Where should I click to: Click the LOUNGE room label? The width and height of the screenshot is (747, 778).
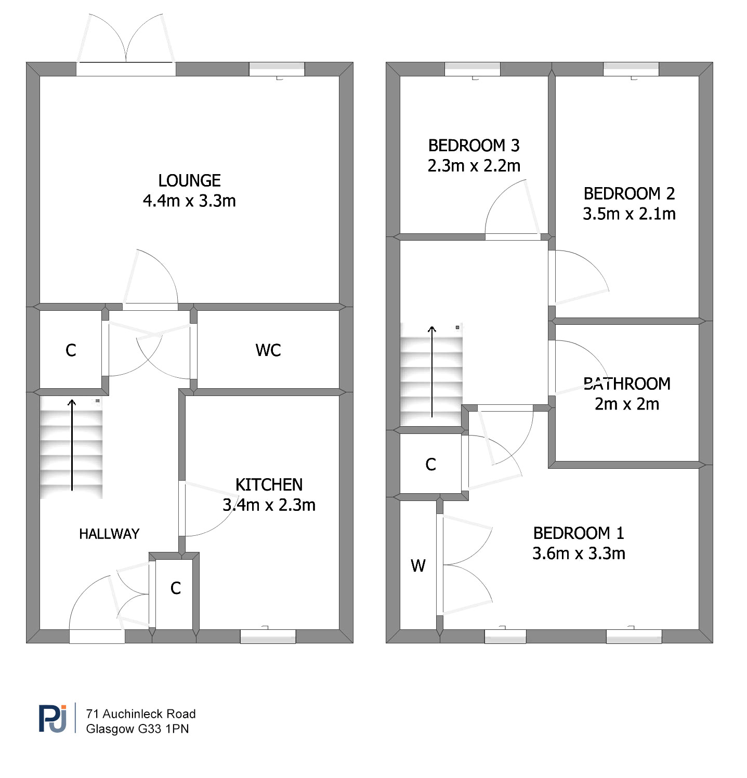coord(189,180)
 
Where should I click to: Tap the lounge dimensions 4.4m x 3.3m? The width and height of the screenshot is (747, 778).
coord(189,201)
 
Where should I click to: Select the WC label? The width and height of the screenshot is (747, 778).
coord(268,350)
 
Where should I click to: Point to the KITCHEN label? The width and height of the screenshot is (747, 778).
coord(269,484)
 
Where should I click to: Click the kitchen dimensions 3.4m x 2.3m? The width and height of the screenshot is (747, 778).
coord(269,505)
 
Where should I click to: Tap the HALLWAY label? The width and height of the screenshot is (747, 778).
coord(109,534)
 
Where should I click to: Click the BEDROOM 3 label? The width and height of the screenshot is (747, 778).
coord(474,146)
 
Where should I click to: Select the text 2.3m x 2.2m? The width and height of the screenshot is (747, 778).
coord(474,166)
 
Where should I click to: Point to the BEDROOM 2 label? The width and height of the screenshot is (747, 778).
coord(629,194)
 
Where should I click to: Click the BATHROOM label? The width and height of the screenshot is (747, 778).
coord(627,384)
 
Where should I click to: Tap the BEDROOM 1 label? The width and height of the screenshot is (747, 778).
coord(579,533)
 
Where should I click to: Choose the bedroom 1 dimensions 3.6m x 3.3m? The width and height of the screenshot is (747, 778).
coord(579,553)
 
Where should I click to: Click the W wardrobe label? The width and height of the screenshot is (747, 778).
coord(418,565)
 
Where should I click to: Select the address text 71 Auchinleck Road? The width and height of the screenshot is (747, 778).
coord(141,714)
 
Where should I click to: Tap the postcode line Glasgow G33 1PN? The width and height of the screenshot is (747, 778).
coord(137,729)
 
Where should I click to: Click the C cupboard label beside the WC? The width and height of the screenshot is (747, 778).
coord(71,351)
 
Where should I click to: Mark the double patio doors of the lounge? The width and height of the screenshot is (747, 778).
coord(126,39)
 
